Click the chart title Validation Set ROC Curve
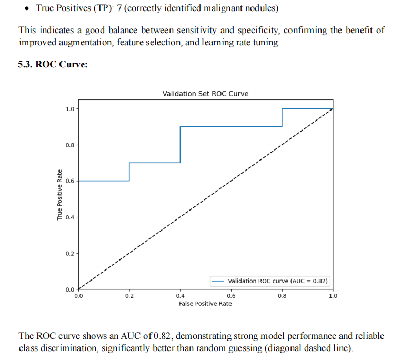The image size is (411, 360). click(x=205, y=94)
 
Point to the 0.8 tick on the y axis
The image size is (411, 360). click(x=69, y=145)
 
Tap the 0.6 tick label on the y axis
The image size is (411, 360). click(x=69, y=181)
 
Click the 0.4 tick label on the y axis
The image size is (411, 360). click(x=69, y=217)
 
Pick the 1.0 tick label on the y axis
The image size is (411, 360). click(x=69, y=109)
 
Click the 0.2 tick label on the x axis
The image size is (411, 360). click(x=129, y=296)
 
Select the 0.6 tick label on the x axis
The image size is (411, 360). click(x=231, y=296)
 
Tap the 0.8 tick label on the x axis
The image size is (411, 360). click(x=282, y=296)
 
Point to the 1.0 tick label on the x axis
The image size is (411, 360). click(x=333, y=296)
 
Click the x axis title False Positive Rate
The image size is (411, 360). click(x=205, y=304)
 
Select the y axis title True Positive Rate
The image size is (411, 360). click(x=60, y=195)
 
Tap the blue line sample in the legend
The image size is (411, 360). click(x=218, y=281)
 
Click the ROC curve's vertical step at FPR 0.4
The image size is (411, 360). click(x=181, y=145)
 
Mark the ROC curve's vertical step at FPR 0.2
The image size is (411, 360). click(x=129, y=172)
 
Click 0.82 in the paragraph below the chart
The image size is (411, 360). click(x=163, y=336)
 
